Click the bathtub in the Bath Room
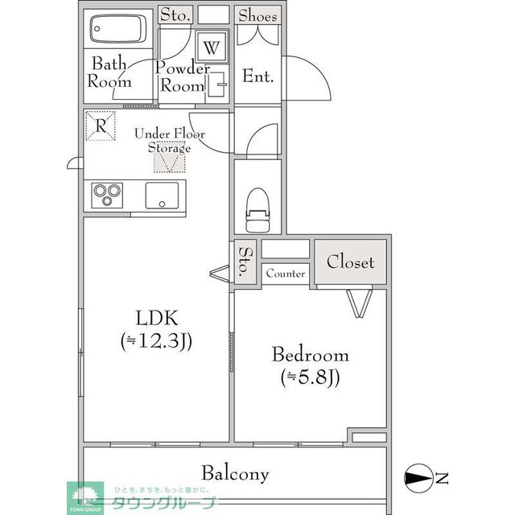(117, 31)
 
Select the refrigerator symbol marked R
(100, 126)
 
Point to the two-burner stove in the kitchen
(108, 195)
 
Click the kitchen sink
(164, 195)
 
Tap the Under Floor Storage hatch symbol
(170, 161)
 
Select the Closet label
(350, 262)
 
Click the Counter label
(286, 274)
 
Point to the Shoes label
(257, 15)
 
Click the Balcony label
(235, 473)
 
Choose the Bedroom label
(310, 355)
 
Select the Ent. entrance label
(258, 77)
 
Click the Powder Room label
(183, 76)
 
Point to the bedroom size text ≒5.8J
(310, 376)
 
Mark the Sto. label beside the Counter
(245, 262)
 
